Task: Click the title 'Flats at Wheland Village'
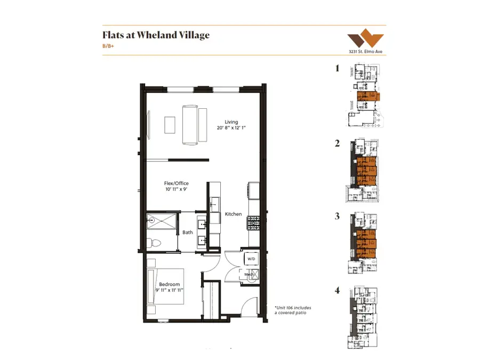tap(156, 35)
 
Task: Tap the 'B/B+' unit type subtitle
tap(109, 46)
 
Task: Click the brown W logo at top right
tap(365, 40)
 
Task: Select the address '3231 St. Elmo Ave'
tap(366, 52)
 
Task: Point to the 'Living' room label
tap(231, 122)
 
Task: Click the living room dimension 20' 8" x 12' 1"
tap(231, 128)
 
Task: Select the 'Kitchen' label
tap(233, 214)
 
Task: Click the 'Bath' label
tap(188, 232)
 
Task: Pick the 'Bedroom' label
tap(170, 284)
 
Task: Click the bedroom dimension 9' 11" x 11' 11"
tap(170, 291)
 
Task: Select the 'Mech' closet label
tap(248, 274)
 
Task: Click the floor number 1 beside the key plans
tap(337, 68)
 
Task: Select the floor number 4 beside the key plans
tap(337, 291)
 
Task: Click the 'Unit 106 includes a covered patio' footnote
tap(292, 310)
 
